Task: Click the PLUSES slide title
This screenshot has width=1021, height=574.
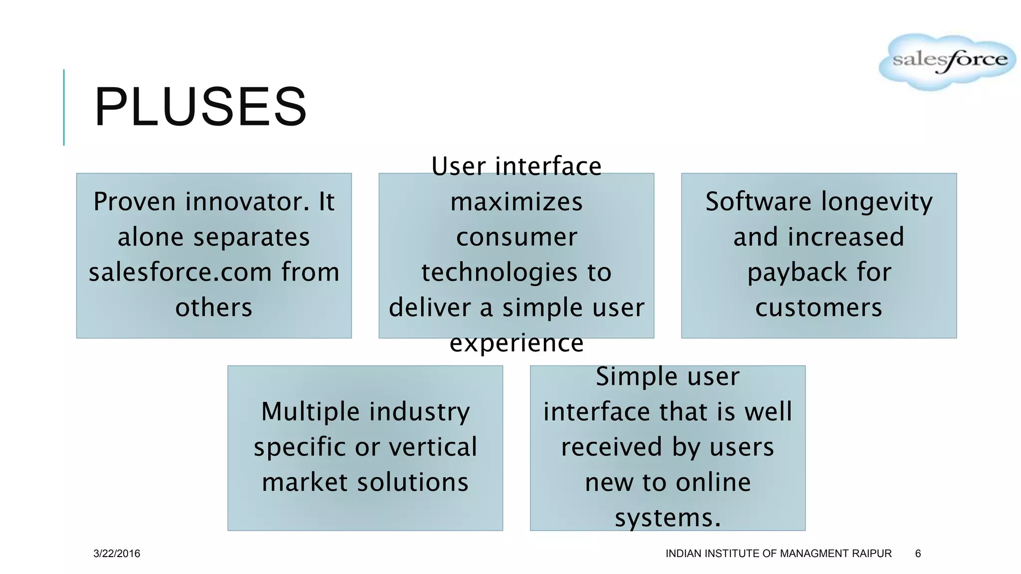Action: coord(200,107)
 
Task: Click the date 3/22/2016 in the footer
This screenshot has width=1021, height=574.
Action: coord(117,554)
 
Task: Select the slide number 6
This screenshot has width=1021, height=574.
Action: coord(918,554)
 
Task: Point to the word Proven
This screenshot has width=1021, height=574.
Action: coord(135,202)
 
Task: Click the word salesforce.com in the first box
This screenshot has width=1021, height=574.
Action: coord(180,273)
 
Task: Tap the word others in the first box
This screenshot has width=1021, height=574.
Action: coord(214,307)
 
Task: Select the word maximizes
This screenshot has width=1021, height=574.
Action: coord(516,202)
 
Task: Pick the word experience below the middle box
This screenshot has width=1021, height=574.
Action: coord(516,343)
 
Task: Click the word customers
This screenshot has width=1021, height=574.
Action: coord(819,307)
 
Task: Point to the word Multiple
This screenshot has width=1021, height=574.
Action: coord(310,412)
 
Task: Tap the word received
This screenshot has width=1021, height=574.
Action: coord(612,447)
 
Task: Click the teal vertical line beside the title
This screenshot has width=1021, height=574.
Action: coord(64,107)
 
